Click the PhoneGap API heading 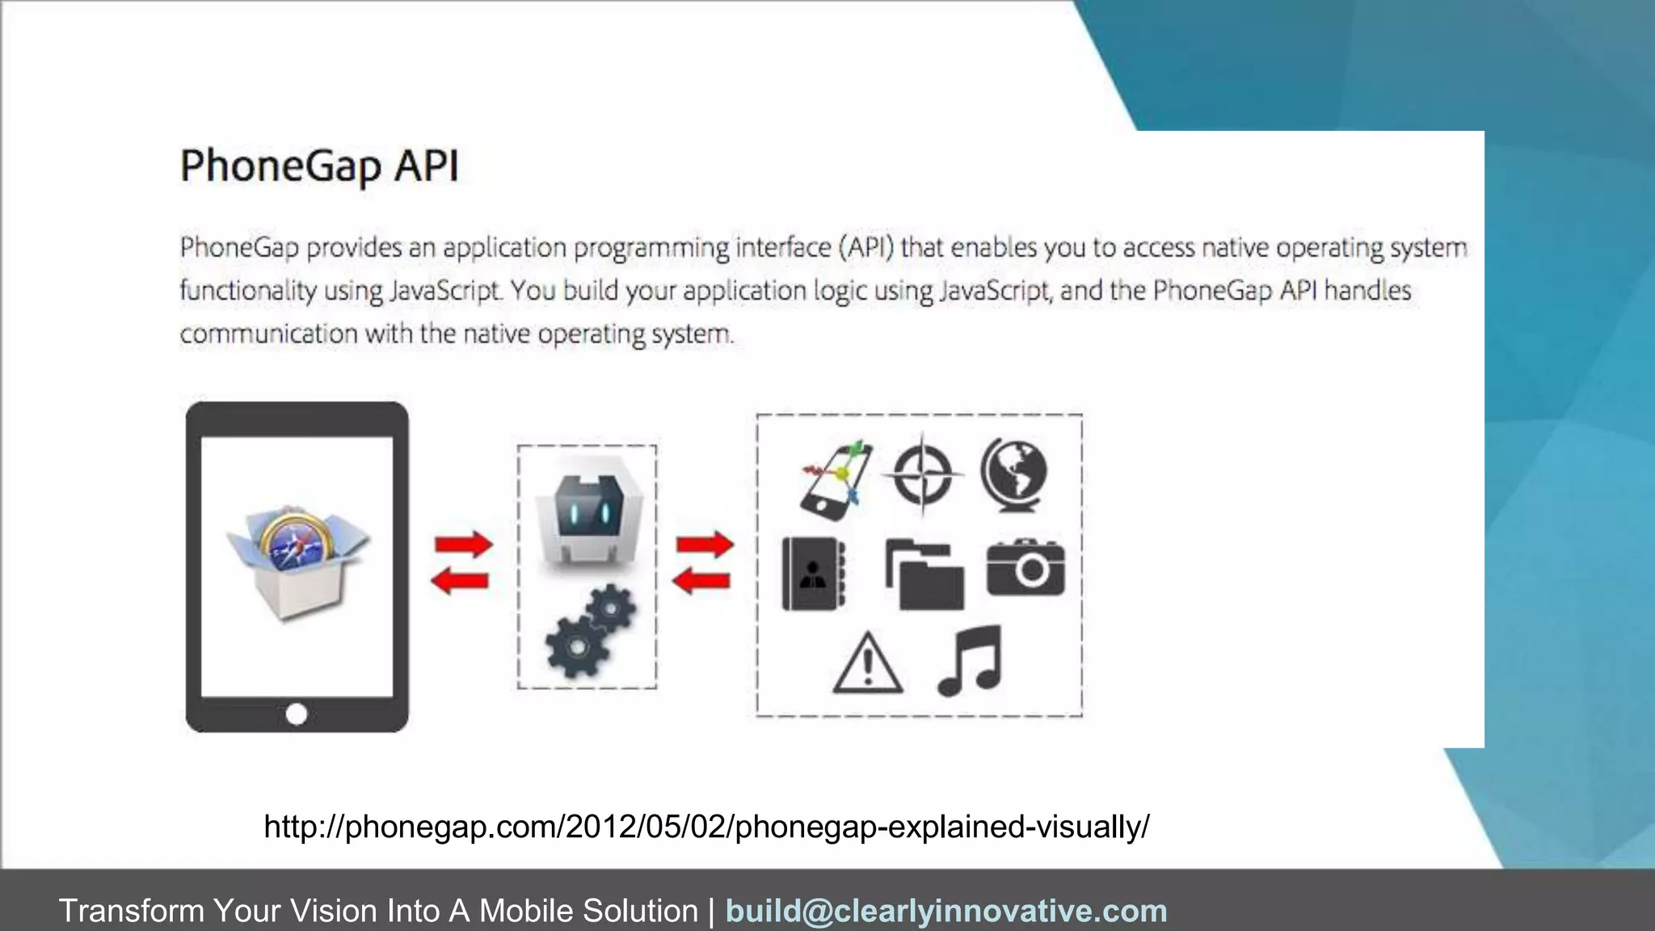click(x=319, y=166)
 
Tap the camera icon click(x=1025, y=567)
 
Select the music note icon click(x=971, y=660)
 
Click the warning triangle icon click(x=867, y=663)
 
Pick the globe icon click(x=1014, y=474)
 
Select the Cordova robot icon click(x=587, y=521)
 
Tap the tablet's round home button click(x=297, y=714)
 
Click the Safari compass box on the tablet click(x=297, y=559)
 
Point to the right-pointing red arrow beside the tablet click(x=463, y=544)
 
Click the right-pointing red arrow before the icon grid click(x=705, y=544)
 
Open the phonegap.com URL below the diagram click(x=706, y=827)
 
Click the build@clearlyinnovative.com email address click(x=946, y=911)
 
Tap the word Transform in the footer click(x=131, y=911)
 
